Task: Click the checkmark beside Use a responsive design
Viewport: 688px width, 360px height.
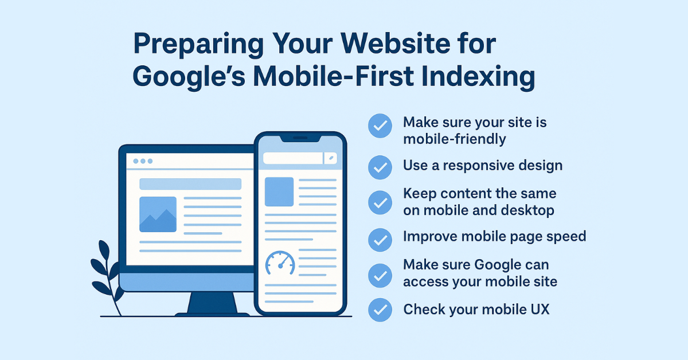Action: click(x=379, y=166)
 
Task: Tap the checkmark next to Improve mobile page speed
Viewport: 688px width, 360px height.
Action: click(x=379, y=240)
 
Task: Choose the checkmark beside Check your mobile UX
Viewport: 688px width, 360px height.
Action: click(x=379, y=310)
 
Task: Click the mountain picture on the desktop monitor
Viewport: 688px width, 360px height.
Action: click(x=158, y=214)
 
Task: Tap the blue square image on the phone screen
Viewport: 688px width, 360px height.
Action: click(x=279, y=191)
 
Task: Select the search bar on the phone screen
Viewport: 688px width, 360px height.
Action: click(x=292, y=158)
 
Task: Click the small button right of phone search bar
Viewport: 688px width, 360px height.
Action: click(x=331, y=158)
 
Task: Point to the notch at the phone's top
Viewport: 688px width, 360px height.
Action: click(x=300, y=138)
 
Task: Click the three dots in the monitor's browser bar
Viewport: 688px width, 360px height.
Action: click(x=143, y=161)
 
